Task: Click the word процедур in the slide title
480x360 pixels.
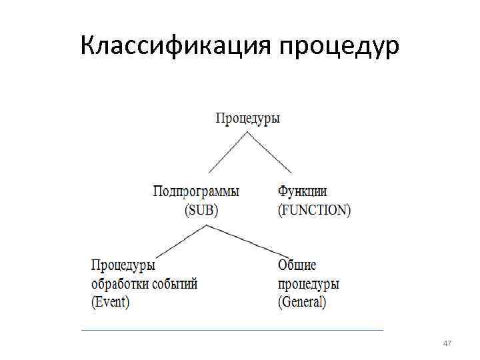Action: pos(340,47)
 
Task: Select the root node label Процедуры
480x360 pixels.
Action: pos(247,119)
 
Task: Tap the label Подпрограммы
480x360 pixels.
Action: pos(196,191)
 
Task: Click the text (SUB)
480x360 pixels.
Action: pos(201,210)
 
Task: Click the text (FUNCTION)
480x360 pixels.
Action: pos(314,210)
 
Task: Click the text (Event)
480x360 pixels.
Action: pos(110,302)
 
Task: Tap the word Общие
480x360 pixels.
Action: pos(297,265)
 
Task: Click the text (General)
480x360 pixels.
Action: pos(302,302)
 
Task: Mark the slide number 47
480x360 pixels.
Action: pos(447,343)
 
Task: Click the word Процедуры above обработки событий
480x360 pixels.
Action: pos(123,265)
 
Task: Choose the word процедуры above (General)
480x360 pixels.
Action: pos(308,283)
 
